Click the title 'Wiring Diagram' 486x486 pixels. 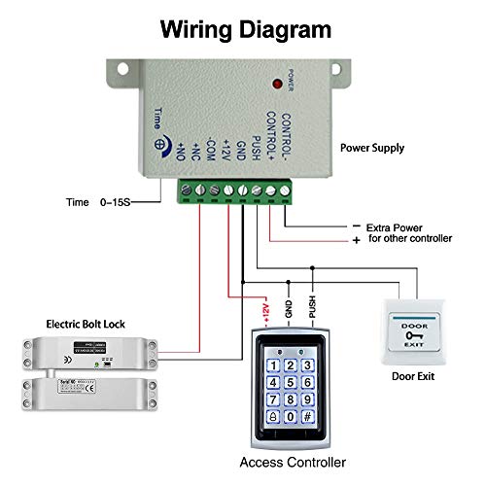(244, 28)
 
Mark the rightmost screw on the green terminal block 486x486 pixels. (285, 188)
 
